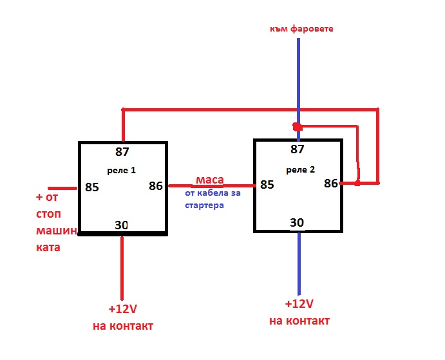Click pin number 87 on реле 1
click(122, 153)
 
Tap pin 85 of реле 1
click(92, 188)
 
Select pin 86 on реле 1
click(155, 186)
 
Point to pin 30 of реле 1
click(122, 225)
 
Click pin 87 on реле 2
click(298, 150)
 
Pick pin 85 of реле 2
click(267, 185)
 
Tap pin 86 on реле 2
click(330, 183)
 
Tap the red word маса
click(210, 179)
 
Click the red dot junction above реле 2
click(296, 126)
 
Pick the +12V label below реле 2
click(299, 304)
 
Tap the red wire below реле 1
click(122, 267)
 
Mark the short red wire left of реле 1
click(63, 188)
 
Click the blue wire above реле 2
click(298, 77)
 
